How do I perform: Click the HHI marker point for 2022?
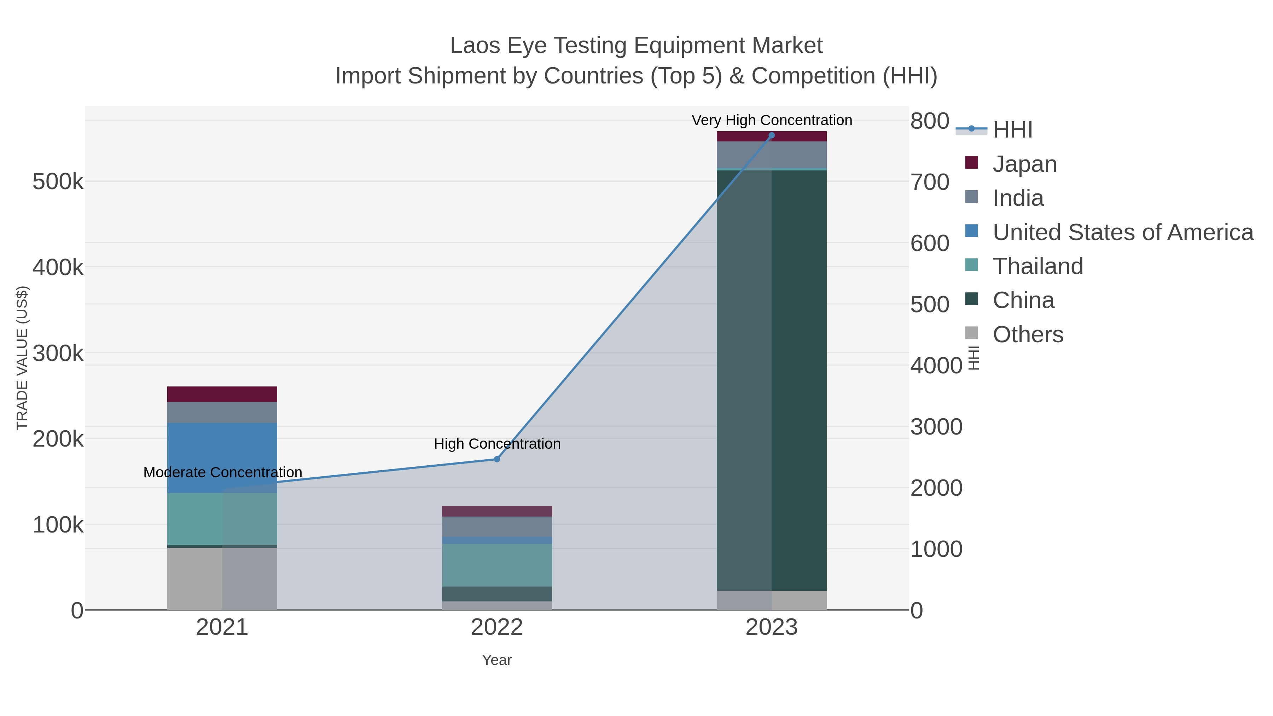click(497, 459)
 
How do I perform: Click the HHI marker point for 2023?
click(772, 135)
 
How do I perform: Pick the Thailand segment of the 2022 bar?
click(497, 565)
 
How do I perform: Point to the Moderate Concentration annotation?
click(222, 472)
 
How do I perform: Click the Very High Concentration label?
click(772, 120)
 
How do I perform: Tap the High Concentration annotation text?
click(497, 444)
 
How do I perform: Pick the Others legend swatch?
click(971, 333)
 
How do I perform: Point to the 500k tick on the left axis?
click(58, 182)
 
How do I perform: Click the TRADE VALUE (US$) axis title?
click(22, 358)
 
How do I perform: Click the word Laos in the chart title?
click(475, 46)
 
